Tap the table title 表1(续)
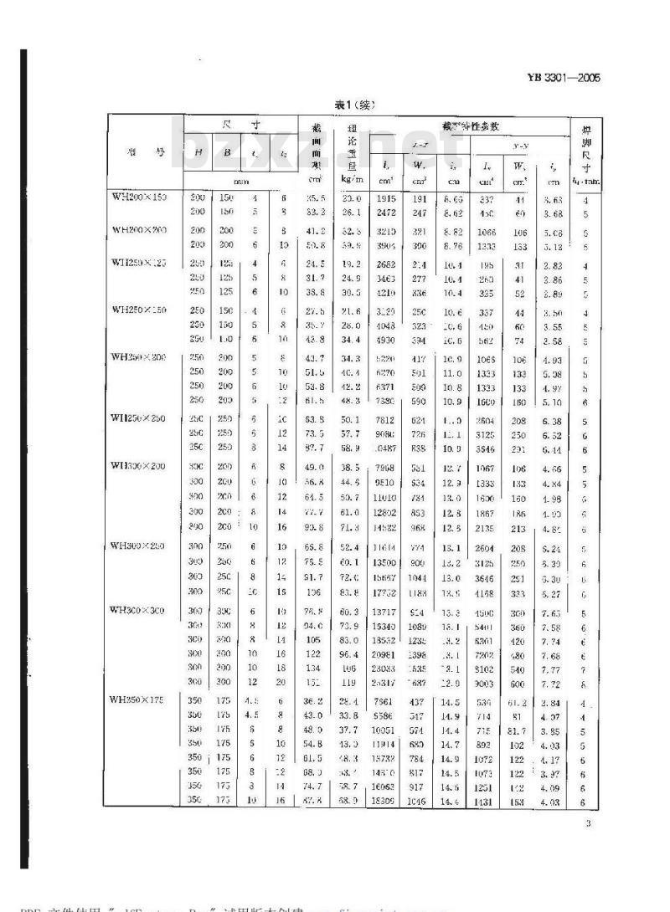pyautogui.click(x=355, y=105)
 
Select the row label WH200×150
pyautogui.click(x=139, y=197)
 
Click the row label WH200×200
pyautogui.click(x=139, y=228)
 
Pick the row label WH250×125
pyautogui.click(x=139, y=262)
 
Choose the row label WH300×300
pyautogui.click(x=139, y=610)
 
